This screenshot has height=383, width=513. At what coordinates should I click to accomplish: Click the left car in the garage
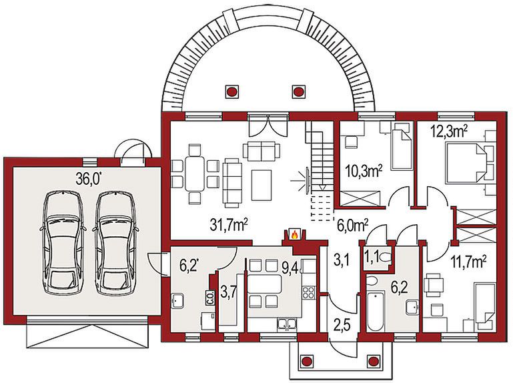point(63,243)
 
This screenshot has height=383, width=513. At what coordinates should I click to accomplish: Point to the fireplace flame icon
point(293,235)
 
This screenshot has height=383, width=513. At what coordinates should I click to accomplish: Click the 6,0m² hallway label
point(351,226)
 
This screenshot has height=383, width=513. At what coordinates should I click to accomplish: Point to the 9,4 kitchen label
point(290,268)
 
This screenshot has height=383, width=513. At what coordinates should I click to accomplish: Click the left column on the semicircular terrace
point(233,91)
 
